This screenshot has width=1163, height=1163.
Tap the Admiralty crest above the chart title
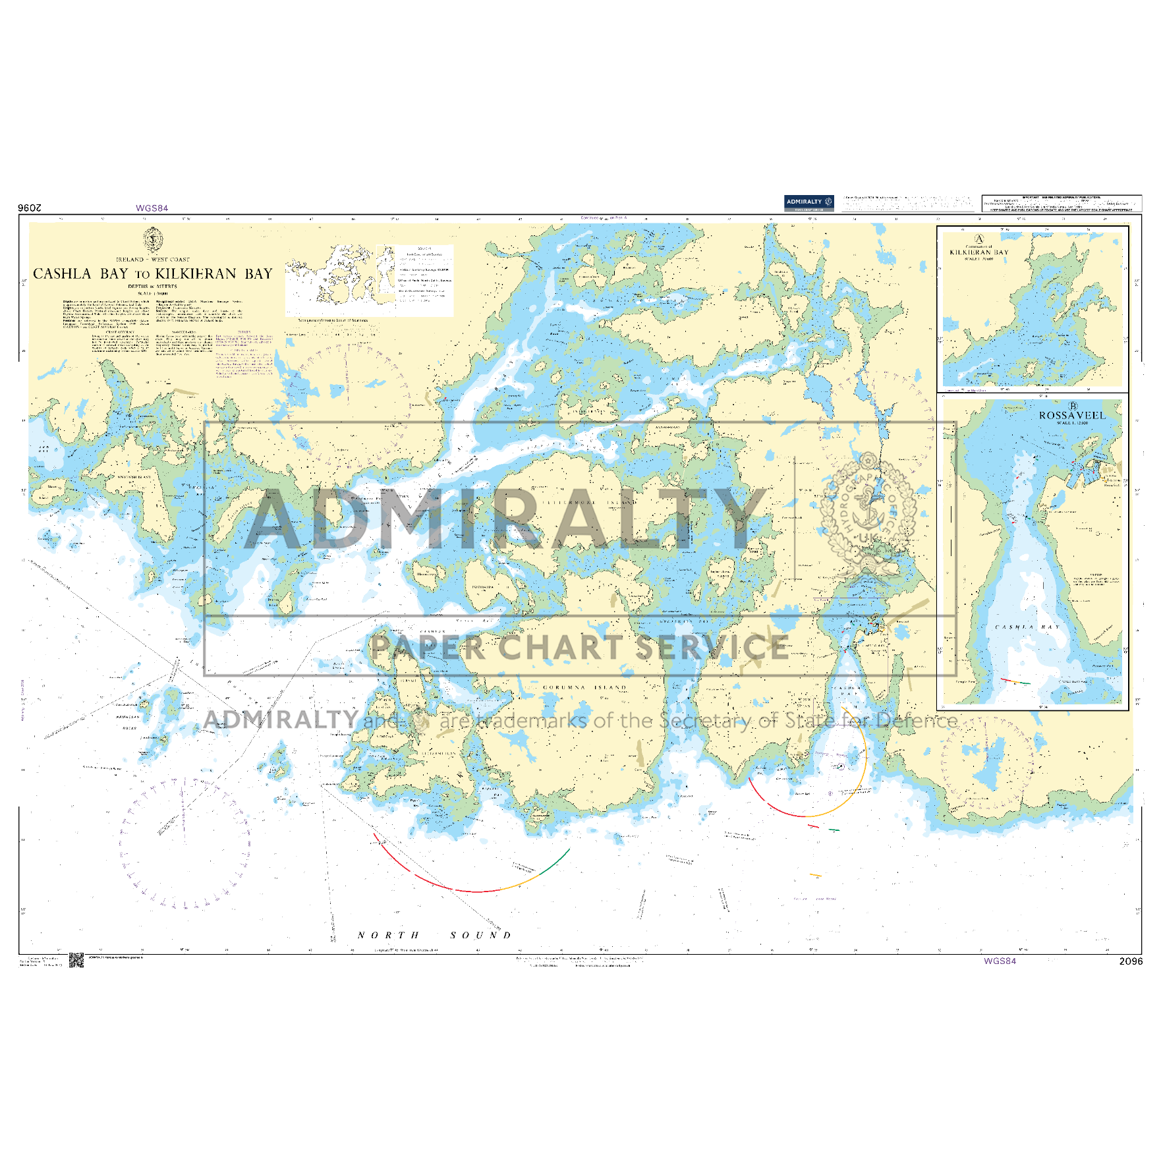point(153,239)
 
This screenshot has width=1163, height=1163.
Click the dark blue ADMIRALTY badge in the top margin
point(808,202)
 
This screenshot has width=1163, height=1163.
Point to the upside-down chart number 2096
point(30,208)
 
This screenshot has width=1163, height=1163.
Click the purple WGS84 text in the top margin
point(152,208)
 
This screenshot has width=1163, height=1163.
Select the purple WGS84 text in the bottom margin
point(1000,961)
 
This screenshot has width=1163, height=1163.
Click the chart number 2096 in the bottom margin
point(1131,961)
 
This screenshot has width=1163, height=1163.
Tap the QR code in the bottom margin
point(76,961)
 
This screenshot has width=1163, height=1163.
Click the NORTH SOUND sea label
point(435,935)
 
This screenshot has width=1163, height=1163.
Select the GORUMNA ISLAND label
point(584,687)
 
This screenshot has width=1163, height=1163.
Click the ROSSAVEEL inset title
point(1072,416)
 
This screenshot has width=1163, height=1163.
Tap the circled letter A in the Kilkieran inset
point(979,239)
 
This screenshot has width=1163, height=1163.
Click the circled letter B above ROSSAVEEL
point(1073,407)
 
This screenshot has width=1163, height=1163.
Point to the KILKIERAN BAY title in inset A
point(979,252)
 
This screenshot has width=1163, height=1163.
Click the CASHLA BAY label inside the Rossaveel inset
point(1027,627)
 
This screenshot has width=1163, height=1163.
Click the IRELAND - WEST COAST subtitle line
point(153,260)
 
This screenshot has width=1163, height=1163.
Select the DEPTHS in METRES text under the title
point(153,287)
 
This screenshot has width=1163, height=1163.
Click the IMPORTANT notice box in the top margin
point(1061,203)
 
